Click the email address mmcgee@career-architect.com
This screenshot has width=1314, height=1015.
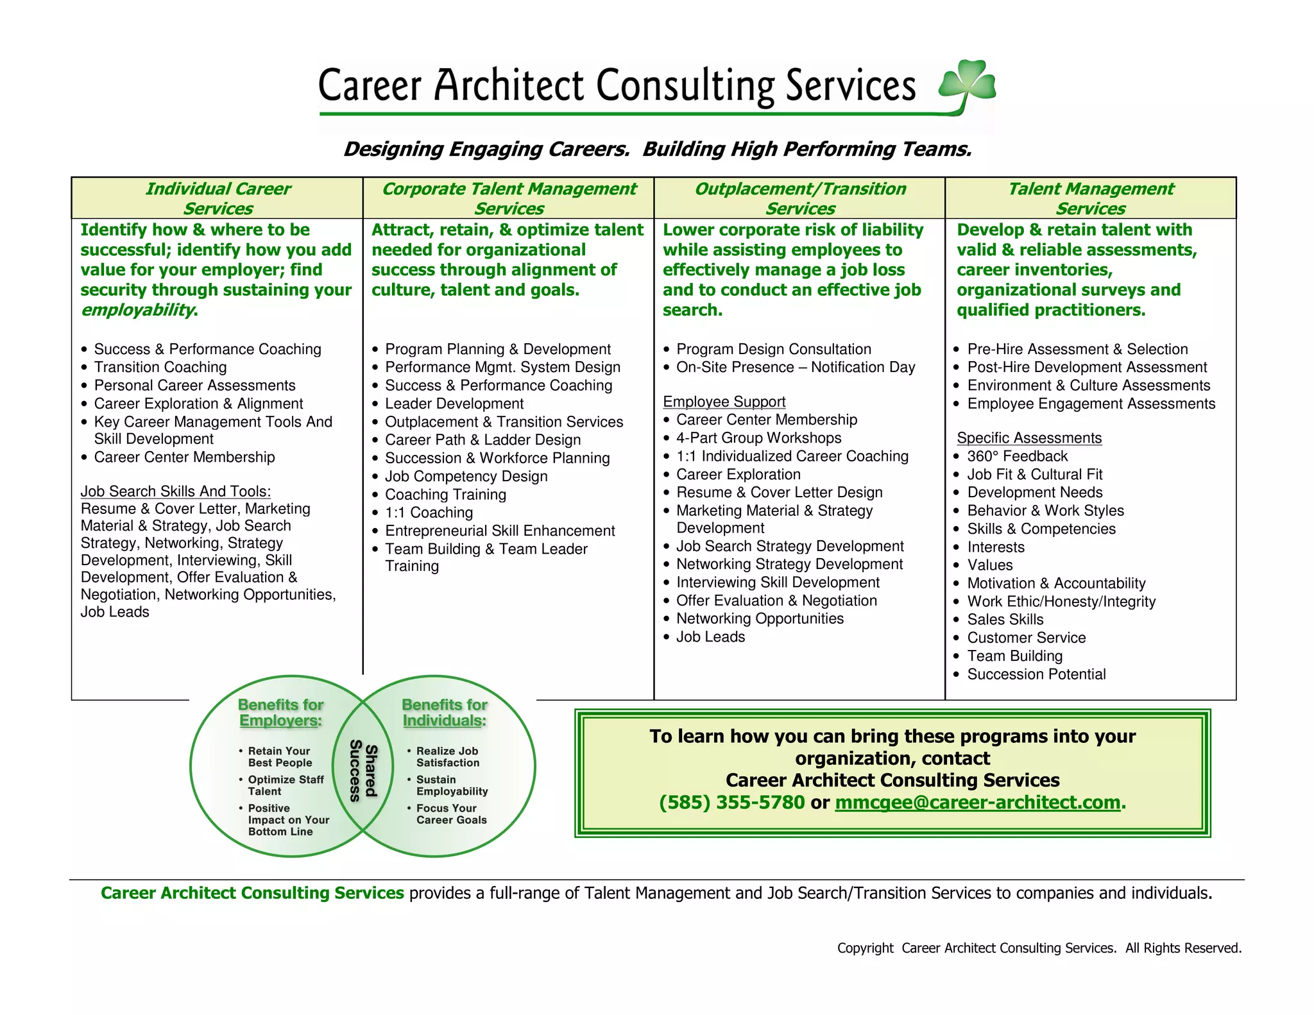(977, 803)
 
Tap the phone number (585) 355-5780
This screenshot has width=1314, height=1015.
(731, 803)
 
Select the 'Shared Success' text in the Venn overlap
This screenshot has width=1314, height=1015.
(363, 771)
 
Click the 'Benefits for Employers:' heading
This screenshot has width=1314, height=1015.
(280, 713)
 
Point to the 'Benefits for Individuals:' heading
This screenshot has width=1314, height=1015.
(445, 713)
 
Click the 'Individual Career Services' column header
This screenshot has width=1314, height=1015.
(218, 198)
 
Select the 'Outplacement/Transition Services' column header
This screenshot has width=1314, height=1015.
(800, 198)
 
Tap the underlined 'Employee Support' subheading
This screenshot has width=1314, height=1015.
(724, 402)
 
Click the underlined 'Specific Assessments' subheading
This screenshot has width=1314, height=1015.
(1029, 438)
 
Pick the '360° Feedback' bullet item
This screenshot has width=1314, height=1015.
(1017, 456)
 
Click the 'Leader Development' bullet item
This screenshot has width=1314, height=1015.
(454, 404)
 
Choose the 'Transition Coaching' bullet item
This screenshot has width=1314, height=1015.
(160, 367)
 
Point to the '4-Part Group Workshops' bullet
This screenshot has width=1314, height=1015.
(758, 438)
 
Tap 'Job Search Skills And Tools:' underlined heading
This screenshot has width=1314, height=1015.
(176, 491)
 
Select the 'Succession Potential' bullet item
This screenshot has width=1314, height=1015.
(1036, 674)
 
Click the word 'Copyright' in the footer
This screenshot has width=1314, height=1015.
(865, 948)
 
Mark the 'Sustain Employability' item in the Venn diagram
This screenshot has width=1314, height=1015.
(451, 785)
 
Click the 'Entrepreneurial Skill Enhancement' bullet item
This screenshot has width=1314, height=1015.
(500, 531)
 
